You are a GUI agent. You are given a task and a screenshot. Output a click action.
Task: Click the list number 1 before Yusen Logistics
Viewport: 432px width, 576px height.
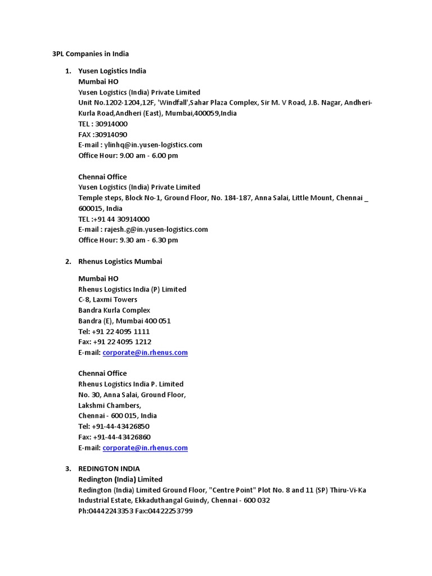coord(68,71)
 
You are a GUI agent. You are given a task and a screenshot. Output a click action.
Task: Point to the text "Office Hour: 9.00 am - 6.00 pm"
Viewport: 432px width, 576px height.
coord(128,155)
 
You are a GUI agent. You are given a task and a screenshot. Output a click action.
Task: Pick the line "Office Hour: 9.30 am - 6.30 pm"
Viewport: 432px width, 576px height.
coord(128,240)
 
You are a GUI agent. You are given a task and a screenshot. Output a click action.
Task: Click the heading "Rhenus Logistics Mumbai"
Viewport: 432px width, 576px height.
coord(120,262)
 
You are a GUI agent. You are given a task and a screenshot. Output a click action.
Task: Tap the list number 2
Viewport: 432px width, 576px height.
coord(68,262)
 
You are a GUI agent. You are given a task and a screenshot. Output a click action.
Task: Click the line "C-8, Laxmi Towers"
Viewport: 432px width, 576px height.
coord(107,300)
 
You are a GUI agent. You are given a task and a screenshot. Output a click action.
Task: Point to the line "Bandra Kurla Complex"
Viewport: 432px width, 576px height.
coord(114,310)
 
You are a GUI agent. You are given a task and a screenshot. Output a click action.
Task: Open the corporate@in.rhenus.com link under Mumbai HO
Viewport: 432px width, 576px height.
coord(145,353)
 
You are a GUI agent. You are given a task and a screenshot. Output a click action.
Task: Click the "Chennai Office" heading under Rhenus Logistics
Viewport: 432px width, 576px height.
coord(102,373)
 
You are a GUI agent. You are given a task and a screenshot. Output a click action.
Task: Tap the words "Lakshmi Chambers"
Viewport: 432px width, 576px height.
coord(109,406)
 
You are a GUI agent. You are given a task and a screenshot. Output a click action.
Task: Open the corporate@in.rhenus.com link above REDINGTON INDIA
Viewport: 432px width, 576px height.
coord(145,448)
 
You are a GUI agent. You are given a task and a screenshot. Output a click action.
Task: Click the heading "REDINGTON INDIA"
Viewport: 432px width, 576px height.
coord(109,469)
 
